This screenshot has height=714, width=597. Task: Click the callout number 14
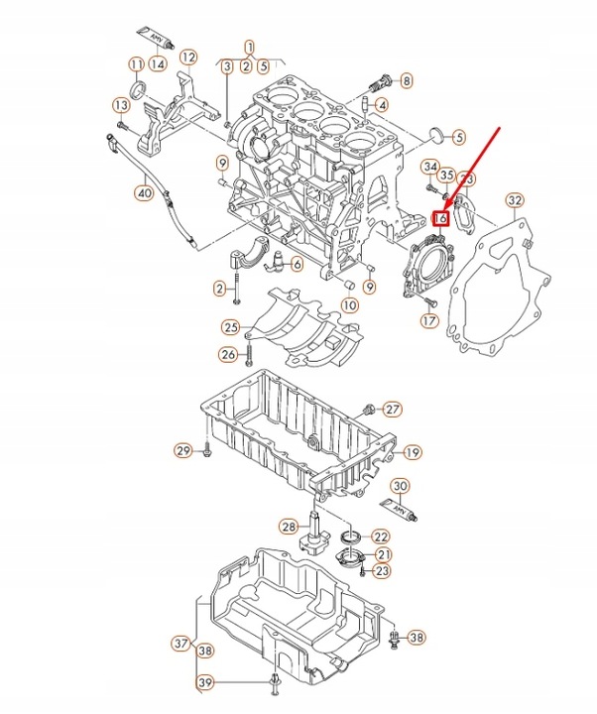point(158,64)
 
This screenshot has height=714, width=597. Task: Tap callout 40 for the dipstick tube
point(145,193)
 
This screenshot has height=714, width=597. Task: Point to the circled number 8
point(407,79)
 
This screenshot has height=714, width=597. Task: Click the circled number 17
point(428,320)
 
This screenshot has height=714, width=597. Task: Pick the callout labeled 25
point(230,326)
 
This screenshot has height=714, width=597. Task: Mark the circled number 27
point(393,410)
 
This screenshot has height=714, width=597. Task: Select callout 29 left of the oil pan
point(182,451)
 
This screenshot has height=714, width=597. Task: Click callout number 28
point(289,526)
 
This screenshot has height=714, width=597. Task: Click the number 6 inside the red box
point(443,217)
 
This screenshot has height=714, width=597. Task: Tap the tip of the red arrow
point(445,207)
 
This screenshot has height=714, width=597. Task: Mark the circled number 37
point(179,644)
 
